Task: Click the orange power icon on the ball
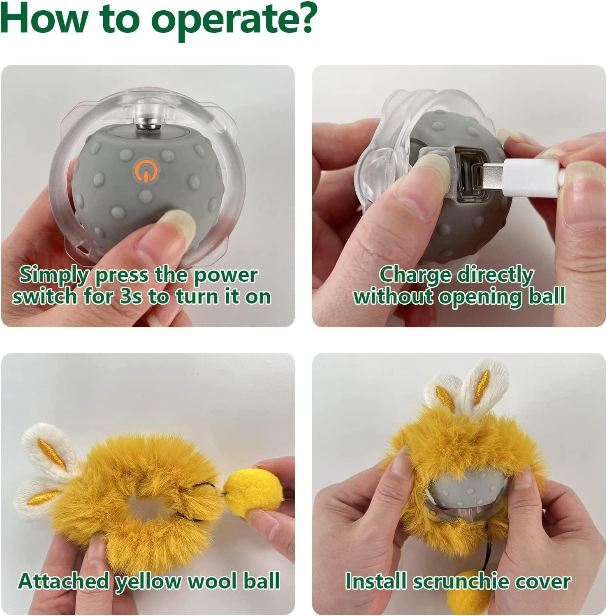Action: point(145,170)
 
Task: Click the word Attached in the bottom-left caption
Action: point(63,581)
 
